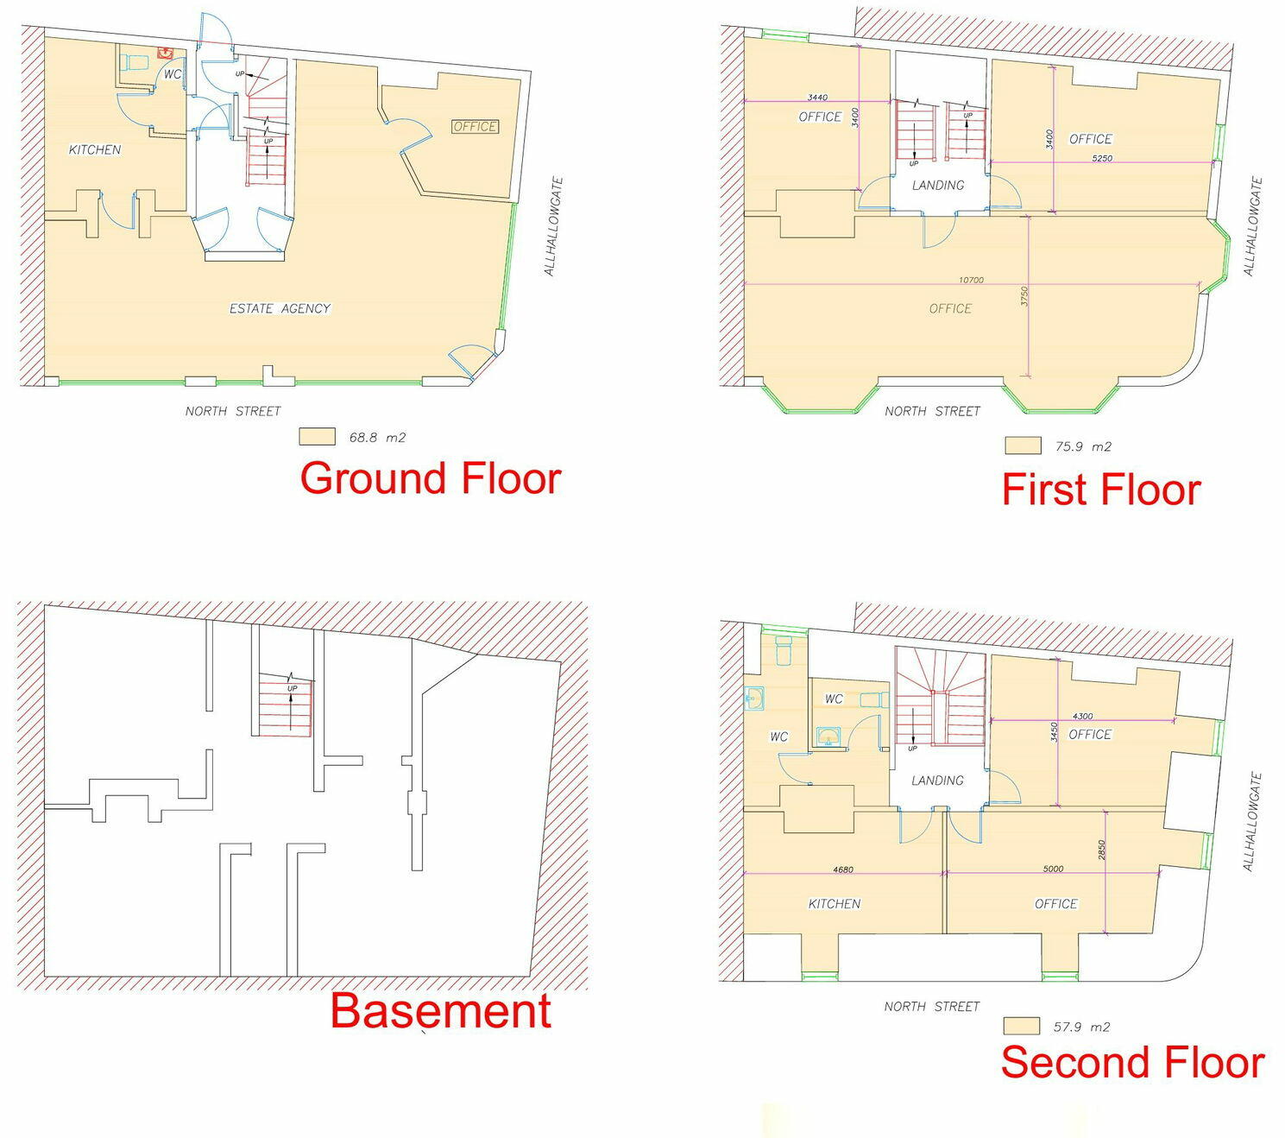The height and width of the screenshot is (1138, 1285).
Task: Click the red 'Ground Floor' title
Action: click(430, 478)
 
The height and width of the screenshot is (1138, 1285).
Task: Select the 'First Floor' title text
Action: click(1100, 490)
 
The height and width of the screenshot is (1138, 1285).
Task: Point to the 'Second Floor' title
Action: click(1131, 1062)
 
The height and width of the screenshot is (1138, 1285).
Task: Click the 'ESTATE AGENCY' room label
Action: click(280, 308)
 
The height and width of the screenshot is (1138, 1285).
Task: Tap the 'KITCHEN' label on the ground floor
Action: click(95, 149)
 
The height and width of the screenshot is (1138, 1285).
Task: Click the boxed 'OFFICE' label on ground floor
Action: click(475, 127)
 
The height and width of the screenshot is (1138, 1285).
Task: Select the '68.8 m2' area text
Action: click(377, 437)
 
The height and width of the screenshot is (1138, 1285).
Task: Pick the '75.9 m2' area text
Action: click(1083, 446)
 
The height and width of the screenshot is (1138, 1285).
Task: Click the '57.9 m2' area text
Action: click(1081, 1027)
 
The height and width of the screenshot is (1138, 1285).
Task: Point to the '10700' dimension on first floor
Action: click(971, 280)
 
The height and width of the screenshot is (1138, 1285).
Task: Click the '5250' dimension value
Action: click(1102, 158)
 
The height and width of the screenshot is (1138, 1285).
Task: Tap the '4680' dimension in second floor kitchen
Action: click(843, 869)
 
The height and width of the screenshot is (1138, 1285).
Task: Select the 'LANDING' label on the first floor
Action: click(938, 185)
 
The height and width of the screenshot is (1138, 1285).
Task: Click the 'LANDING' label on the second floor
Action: click(937, 780)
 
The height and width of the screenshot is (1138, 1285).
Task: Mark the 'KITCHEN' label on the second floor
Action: click(834, 903)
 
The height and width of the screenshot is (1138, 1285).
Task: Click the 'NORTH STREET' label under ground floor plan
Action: click(233, 411)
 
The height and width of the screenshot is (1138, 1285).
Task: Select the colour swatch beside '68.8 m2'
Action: click(317, 437)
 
